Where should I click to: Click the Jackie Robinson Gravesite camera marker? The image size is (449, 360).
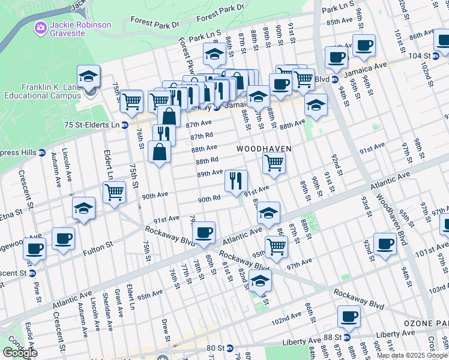pos(41,27)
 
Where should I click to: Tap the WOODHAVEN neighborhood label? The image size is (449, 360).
pos(264,149)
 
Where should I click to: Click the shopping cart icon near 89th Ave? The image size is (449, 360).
pos(274,162)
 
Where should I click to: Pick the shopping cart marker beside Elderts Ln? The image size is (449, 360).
pos(114,193)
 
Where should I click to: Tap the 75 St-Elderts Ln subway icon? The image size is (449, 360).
pos(125,125)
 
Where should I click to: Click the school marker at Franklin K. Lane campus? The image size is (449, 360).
pos(89,77)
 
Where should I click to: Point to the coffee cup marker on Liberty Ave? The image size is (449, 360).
pos(348,316)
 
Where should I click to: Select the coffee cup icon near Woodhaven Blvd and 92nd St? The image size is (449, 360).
pos(385,244)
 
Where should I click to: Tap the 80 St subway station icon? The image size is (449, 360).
pos(229,347)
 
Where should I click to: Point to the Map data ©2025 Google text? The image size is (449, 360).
pos(412,355)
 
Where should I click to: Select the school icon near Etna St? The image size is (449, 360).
pos(83,208)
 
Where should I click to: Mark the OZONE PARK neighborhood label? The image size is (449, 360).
pos(425,323)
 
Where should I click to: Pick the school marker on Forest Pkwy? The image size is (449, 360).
pos(214,55)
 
